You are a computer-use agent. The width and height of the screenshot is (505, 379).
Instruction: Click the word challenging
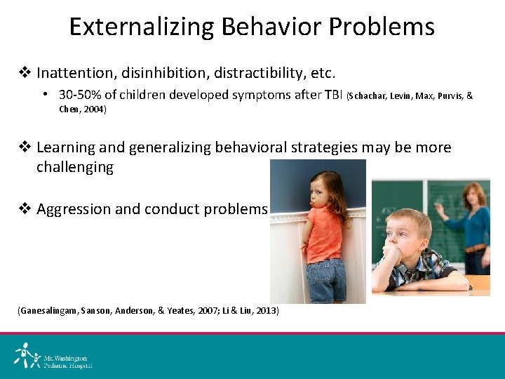pos(75,167)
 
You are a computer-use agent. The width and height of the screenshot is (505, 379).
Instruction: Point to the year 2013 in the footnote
pos(267,310)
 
